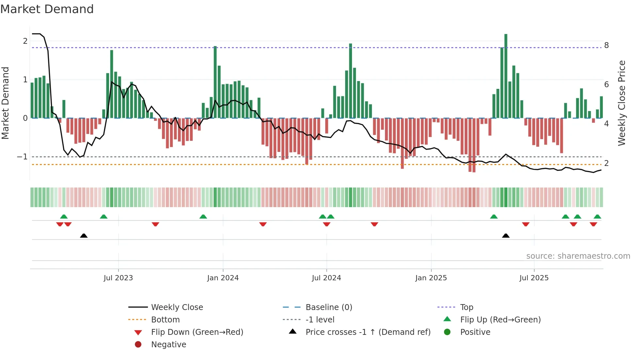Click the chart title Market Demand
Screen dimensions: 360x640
47,9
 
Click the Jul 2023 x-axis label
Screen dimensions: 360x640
118,278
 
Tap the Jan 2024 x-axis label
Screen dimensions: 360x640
223,278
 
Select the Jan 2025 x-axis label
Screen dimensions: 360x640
431,278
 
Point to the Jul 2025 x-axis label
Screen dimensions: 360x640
534,278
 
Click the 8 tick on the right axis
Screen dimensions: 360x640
606,45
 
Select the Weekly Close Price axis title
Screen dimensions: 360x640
622,103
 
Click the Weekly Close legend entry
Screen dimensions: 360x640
177,307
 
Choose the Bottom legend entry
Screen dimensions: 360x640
165,320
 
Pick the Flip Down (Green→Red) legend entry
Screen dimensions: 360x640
197,332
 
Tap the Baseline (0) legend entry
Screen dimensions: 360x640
328,307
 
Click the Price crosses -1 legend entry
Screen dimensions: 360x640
368,332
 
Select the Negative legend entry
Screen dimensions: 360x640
168,345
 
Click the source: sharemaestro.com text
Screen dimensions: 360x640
578,256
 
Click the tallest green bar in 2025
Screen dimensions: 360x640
506,75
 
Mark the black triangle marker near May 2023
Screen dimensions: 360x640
84,236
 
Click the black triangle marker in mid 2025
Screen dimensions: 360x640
505,236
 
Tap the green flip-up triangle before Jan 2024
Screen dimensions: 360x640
203,217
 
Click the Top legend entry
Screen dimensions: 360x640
466,307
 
